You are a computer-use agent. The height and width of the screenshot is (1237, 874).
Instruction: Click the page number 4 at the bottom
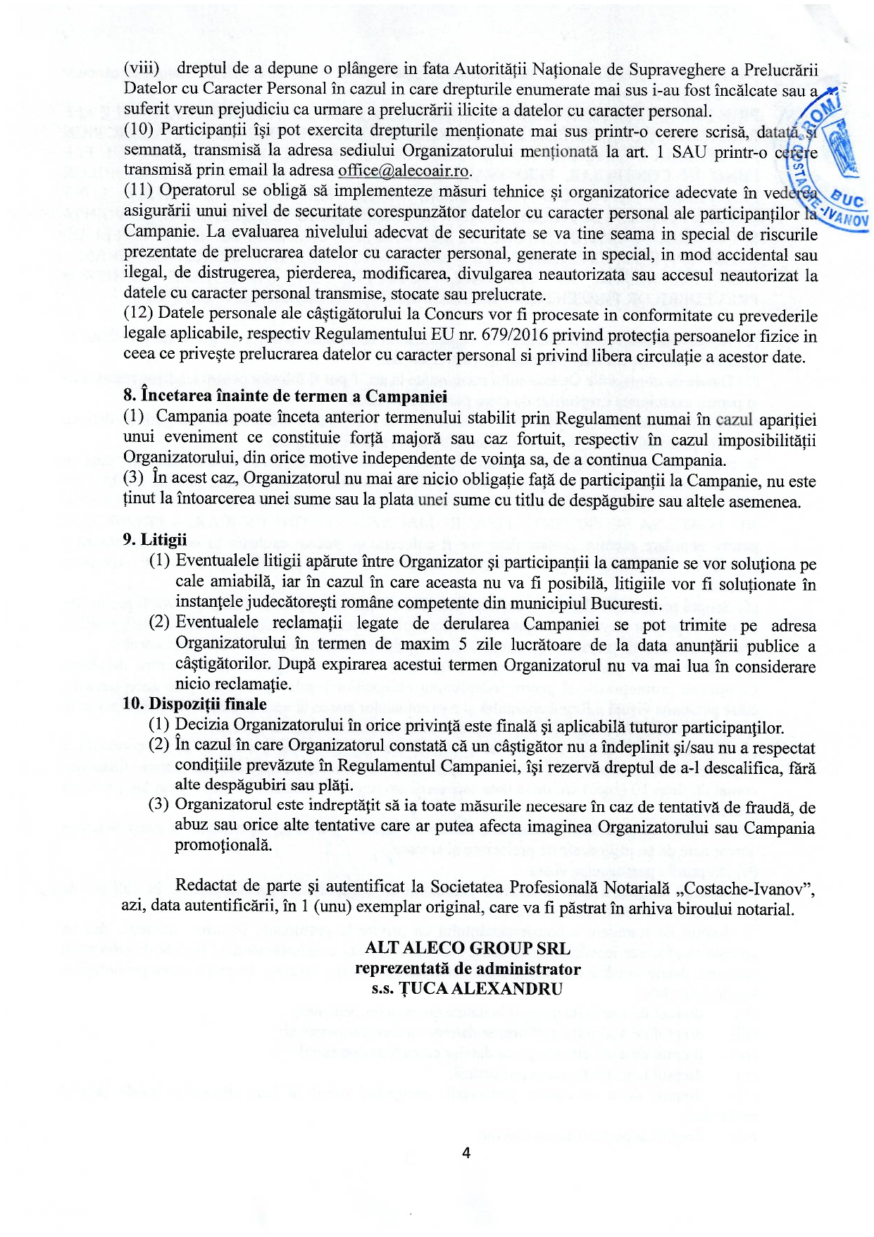point(466,1153)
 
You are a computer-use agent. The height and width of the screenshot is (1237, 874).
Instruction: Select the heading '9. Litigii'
point(154,540)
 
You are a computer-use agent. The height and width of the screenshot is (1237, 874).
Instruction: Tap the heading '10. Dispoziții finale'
point(194,704)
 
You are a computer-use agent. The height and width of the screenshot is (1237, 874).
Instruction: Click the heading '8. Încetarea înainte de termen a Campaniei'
point(285,396)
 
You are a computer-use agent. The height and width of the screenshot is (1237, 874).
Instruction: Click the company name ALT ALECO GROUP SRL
point(468,948)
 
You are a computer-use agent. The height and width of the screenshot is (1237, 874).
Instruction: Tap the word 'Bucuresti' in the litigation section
point(625,604)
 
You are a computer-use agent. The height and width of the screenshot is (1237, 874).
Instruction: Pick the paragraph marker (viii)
point(142,68)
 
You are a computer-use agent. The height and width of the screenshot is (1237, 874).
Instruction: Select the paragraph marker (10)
point(139,130)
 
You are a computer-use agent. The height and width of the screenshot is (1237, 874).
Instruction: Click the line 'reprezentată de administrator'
point(468,968)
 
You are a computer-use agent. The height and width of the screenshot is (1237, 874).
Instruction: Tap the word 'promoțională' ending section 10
point(223,845)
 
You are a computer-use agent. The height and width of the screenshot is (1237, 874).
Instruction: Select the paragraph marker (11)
point(139,191)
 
